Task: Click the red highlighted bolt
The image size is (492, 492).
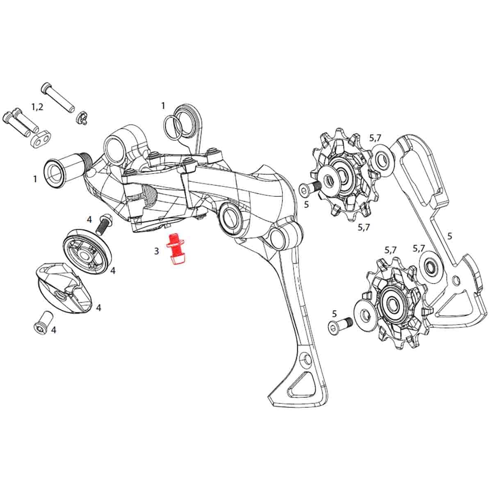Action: [x=175, y=249]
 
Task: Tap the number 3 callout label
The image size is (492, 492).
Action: [x=156, y=251]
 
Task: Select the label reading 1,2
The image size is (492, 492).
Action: [x=37, y=107]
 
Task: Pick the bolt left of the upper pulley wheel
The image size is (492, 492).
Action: [x=308, y=187]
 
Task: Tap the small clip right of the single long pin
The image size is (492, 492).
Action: [x=82, y=118]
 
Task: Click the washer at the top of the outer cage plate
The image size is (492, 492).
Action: [x=384, y=157]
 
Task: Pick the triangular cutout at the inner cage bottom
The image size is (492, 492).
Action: [x=303, y=382]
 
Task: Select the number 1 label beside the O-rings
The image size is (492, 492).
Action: [x=163, y=106]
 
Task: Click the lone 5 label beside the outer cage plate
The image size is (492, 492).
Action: [x=450, y=236]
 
